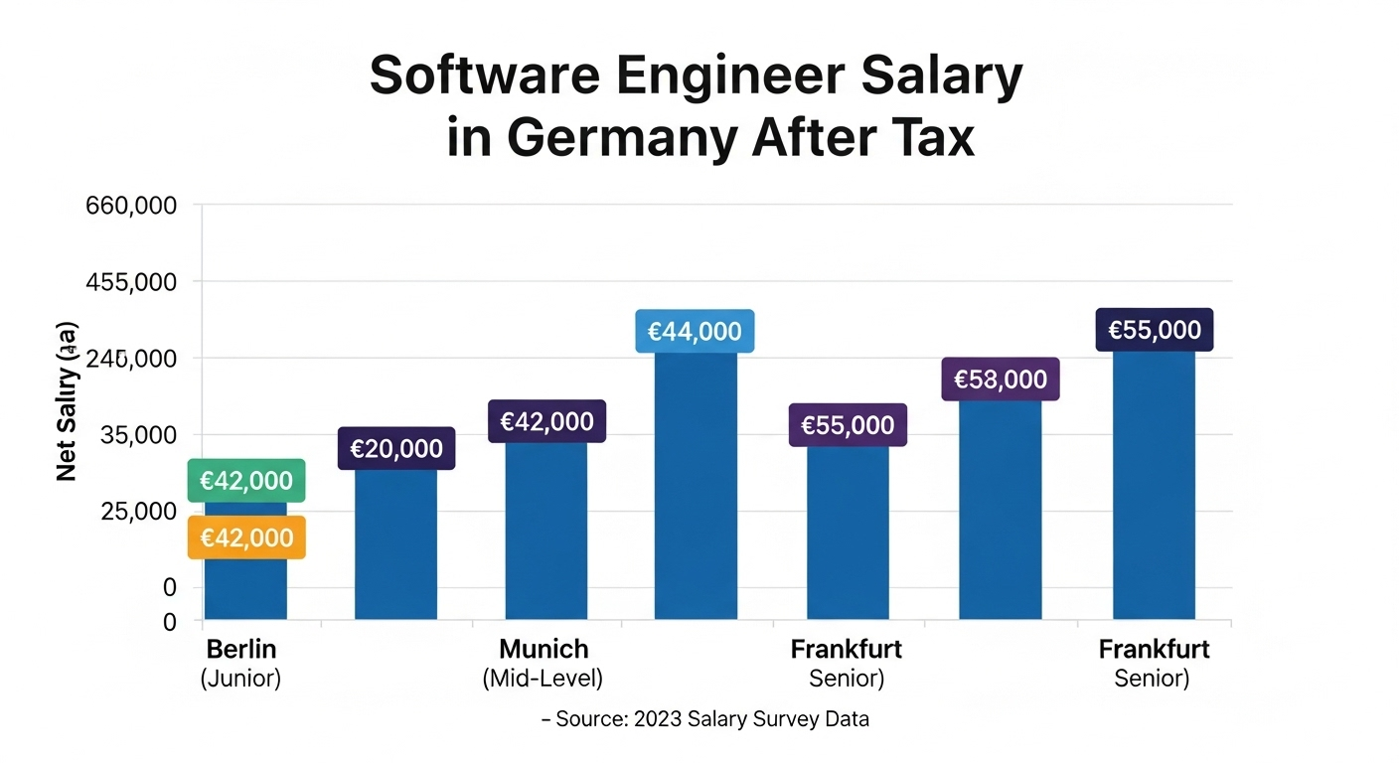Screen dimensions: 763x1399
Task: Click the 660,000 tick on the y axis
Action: pyautogui.click(x=131, y=207)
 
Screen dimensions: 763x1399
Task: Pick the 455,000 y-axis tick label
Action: pyautogui.click(x=131, y=282)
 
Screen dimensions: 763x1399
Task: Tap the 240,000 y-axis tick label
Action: pyautogui.click(x=131, y=359)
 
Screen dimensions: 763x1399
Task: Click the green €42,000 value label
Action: pyautogui.click(x=246, y=481)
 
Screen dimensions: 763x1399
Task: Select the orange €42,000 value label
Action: pyautogui.click(x=246, y=537)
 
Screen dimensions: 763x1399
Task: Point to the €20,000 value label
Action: pyautogui.click(x=396, y=448)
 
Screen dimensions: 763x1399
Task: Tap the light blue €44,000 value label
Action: pyautogui.click(x=695, y=331)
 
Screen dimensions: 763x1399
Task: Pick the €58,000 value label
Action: pyautogui.click(x=1001, y=379)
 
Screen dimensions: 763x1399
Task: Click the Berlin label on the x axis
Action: pyautogui.click(x=241, y=650)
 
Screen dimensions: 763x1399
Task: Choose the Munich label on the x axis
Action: pyautogui.click(x=544, y=650)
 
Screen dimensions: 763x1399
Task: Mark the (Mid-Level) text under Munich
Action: pyautogui.click(x=543, y=680)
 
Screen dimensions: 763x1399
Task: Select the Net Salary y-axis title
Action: pyautogui.click(x=67, y=402)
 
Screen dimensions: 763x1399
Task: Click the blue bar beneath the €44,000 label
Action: pyautogui.click(x=696, y=487)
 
